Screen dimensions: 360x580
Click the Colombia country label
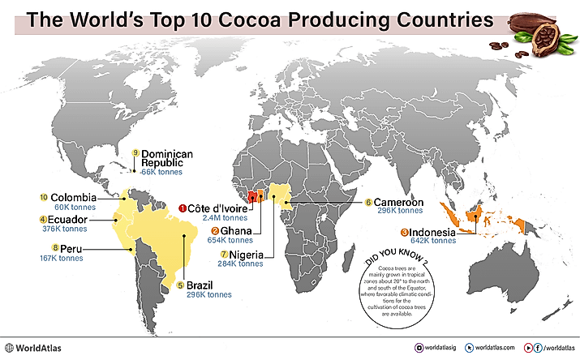[x=74, y=197]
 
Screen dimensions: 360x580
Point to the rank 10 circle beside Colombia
[x=44, y=197]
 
